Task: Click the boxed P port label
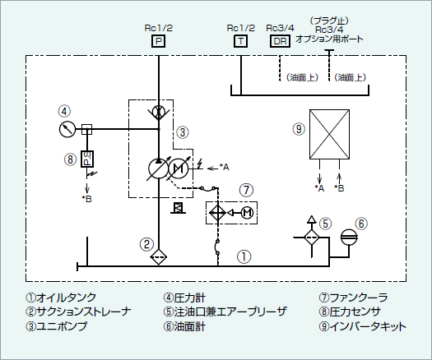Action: coord(159,41)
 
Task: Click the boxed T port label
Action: coord(241,41)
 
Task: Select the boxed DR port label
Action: coord(280,41)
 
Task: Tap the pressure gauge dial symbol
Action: coord(67,129)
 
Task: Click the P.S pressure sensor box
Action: coord(87,159)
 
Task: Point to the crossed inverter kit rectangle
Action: coord(329,134)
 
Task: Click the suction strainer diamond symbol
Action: coord(159,256)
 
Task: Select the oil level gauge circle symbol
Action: coord(349,237)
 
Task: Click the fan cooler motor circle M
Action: coord(248,213)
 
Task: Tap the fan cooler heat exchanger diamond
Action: coord(218,213)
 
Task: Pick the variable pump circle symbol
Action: coord(159,168)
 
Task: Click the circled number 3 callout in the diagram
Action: coord(183,132)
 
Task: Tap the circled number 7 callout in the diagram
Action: coord(246,190)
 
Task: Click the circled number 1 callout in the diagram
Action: coord(244,256)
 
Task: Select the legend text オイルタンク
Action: coord(66,298)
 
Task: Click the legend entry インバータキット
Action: coord(368,326)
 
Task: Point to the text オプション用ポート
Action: coord(329,39)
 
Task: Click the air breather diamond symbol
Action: coord(312,237)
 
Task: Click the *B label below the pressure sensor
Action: coord(87,199)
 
